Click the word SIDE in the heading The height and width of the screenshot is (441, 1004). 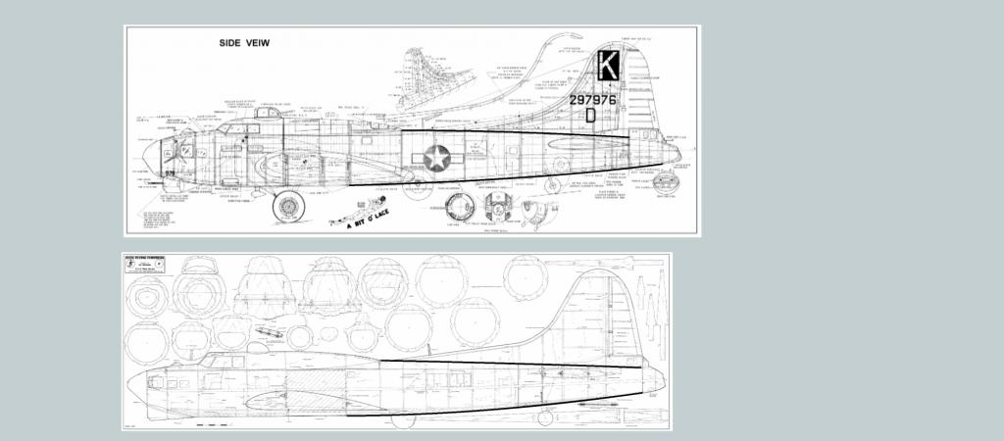point(231,44)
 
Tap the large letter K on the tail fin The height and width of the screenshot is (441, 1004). point(608,67)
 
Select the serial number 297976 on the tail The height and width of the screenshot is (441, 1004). point(592,99)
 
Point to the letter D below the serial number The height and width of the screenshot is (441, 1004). point(590,115)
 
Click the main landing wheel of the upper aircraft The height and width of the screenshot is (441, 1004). point(288,206)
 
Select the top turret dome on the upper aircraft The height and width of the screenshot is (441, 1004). point(261,114)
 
